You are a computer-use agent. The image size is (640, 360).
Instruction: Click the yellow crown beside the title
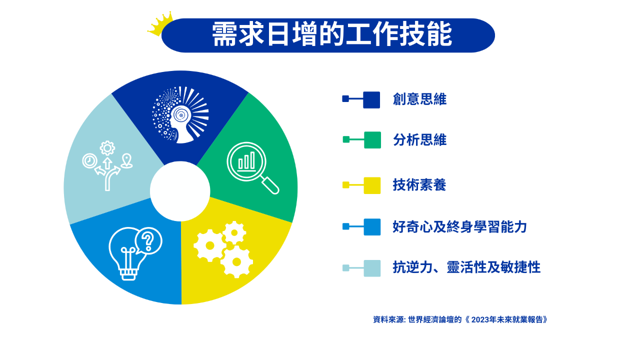click(x=160, y=24)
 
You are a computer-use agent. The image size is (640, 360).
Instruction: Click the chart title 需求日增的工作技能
click(x=331, y=35)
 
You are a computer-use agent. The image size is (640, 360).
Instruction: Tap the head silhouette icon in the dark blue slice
click(x=180, y=115)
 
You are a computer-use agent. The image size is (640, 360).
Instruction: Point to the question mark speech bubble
click(x=148, y=241)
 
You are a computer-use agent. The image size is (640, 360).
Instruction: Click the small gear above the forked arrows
click(x=107, y=148)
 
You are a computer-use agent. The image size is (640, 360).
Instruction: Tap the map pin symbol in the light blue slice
click(x=126, y=161)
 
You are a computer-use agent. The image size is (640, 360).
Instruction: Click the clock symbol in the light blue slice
click(x=89, y=161)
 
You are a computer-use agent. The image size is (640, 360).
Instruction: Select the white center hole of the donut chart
click(x=180, y=191)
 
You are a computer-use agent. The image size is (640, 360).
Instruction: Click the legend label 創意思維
click(x=419, y=99)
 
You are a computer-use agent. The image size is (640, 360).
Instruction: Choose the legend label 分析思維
click(x=419, y=140)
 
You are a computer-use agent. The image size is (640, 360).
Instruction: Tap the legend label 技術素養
click(x=419, y=185)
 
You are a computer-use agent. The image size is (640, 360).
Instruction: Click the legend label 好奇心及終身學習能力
click(x=459, y=227)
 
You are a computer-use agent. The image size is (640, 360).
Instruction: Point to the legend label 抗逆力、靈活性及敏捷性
click(x=466, y=267)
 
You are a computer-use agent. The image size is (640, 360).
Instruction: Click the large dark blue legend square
click(x=371, y=100)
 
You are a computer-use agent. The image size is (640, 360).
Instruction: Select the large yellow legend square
click(x=372, y=185)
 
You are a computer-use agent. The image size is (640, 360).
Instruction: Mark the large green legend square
click(x=372, y=140)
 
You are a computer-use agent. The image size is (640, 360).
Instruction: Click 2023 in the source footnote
click(x=480, y=319)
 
